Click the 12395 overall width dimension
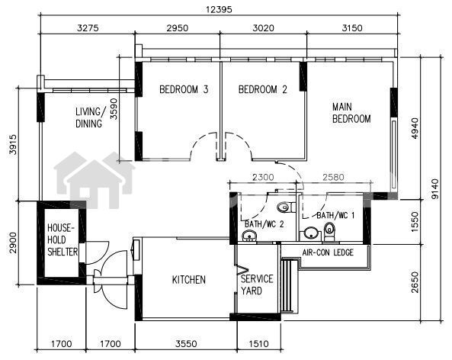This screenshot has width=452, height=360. (x=219, y=9)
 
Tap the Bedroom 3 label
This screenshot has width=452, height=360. (x=184, y=89)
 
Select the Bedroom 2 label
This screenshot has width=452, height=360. (x=263, y=89)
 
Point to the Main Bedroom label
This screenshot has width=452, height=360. (x=351, y=113)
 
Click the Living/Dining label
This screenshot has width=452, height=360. (x=89, y=117)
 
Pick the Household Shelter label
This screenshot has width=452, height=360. (x=63, y=239)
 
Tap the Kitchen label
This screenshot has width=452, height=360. (x=189, y=279)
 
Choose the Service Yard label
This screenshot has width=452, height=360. (x=257, y=284)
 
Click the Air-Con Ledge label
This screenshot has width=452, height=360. (x=328, y=252)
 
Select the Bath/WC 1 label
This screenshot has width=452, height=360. (x=335, y=215)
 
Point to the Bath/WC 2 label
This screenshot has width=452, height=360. (x=264, y=223)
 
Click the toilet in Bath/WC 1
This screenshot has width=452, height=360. (x=329, y=231)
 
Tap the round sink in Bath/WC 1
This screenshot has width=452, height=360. (x=311, y=233)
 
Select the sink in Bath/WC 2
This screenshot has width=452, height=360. (x=249, y=236)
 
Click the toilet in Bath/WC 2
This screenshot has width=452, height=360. (x=286, y=207)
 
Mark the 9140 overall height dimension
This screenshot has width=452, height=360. (x=435, y=189)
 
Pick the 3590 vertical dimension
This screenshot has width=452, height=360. (x=114, y=109)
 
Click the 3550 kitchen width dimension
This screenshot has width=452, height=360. (x=187, y=343)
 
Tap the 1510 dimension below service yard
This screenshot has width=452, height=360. (x=258, y=343)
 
